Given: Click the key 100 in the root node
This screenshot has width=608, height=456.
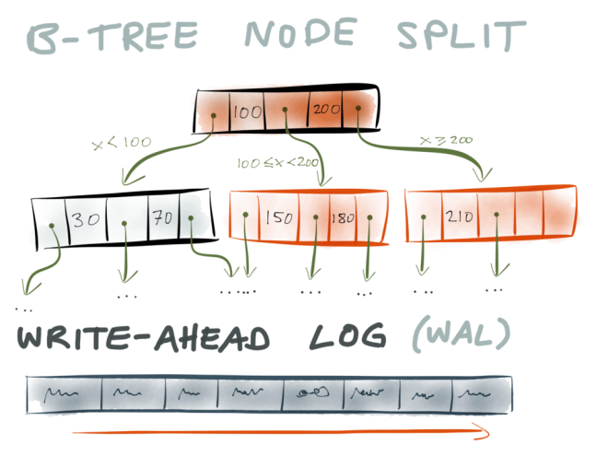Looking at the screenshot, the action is (248, 112).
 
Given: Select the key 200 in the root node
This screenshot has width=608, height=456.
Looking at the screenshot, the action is (326, 109).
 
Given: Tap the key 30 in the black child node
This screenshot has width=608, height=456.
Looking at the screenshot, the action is (86, 220).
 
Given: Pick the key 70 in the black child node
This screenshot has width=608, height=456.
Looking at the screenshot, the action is (163, 217).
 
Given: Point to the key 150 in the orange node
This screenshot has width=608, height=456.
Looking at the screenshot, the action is (279, 218).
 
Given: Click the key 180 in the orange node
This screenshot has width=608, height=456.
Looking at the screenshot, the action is (343, 218).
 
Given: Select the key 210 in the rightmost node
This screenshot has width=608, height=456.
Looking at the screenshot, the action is (460, 216).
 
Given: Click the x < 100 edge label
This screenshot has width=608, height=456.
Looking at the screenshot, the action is (122, 143).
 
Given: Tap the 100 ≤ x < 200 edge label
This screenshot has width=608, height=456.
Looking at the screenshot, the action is (278, 163).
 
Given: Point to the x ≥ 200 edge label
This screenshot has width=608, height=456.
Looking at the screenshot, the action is (446, 140).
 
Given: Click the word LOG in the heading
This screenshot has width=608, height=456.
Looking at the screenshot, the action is (348, 336).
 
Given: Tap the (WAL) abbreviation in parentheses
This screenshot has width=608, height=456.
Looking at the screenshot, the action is (461, 334).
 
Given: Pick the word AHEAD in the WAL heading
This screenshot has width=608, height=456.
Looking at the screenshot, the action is (212, 338).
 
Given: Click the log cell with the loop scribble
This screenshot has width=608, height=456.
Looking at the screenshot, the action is (313, 394).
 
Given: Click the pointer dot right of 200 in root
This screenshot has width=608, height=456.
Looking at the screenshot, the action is (358, 108).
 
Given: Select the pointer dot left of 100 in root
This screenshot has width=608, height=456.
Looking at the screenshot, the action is (214, 115).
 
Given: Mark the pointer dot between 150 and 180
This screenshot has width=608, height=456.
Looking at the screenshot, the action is (316, 217).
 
